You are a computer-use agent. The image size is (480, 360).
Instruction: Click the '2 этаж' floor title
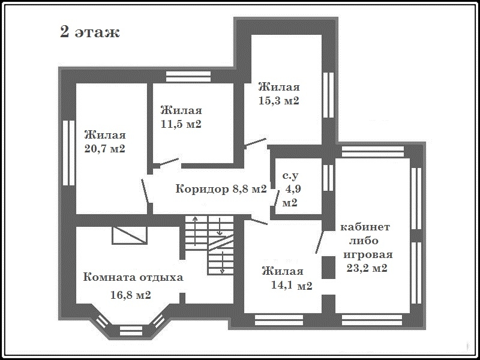click(x=89, y=32)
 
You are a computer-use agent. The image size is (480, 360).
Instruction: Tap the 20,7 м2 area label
click(x=105, y=149)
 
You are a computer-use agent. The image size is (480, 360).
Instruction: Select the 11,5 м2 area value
click(x=181, y=124)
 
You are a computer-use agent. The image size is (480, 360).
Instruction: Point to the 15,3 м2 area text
click(x=278, y=101)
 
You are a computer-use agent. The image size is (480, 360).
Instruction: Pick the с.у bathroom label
click(x=290, y=176)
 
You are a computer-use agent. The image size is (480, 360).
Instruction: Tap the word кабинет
click(x=365, y=227)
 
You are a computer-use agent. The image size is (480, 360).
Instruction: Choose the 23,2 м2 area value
click(x=367, y=268)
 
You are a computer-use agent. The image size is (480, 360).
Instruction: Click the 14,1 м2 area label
click(x=292, y=286)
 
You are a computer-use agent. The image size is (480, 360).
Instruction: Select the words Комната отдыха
click(x=133, y=277)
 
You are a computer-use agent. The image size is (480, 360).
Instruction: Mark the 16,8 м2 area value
click(x=131, y=295)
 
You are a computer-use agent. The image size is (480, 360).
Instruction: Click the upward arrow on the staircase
click(x=195, y=231)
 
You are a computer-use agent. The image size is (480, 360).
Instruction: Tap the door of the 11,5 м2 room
click(x=169, y=162)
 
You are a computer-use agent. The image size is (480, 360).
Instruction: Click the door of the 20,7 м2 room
click(x=145, y=191)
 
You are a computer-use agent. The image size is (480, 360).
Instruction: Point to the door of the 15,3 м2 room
click(x=256, y=143)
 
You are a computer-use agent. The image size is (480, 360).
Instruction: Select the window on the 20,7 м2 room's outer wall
click(x=69, y=153)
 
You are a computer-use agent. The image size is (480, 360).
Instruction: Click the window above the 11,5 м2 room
click(x=188, y=77)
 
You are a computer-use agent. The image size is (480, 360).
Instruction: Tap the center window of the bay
click(x=131, y=331)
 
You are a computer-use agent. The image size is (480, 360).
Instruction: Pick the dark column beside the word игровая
click(x=328, y=268)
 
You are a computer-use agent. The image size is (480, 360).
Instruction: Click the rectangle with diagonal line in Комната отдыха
click(x=130, y=235)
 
